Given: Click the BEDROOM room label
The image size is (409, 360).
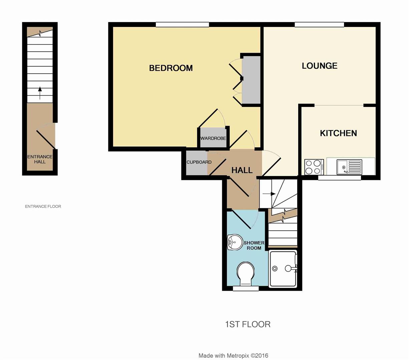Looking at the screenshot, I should point(171,68).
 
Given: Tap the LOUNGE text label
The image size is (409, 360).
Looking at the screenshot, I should point(319,66).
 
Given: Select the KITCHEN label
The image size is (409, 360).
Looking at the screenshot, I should point(338,133).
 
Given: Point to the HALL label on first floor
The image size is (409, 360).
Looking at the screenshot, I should point(242,170).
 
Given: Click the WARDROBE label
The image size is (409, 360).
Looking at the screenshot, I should point(213,138).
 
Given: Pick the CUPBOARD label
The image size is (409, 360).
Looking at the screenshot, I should point(199,162).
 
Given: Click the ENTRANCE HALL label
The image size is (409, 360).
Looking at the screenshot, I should point(40,159).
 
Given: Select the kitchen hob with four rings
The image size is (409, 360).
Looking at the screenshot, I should point(313,167).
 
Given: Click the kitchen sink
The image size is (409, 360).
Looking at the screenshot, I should point(349,167).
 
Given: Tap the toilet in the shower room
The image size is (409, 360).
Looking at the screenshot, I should point(245,273).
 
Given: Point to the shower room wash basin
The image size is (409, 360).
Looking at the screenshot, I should point(235,242).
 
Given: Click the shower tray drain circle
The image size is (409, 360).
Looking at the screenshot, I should point(275,268).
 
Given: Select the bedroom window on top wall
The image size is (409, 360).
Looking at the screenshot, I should point(182,24).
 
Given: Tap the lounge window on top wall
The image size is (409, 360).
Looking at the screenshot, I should point(319,24).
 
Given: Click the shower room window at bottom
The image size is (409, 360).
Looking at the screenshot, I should point(246,289).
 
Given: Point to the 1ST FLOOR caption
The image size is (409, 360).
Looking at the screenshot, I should point(248,324).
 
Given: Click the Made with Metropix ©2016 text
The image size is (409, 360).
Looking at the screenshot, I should point(233,356).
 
